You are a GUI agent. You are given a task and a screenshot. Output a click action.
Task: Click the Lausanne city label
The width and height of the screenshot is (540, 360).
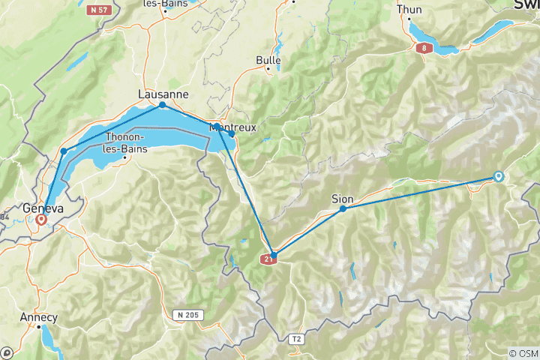[163, 94]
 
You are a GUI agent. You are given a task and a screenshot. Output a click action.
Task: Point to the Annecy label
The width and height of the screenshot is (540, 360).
[38, 316]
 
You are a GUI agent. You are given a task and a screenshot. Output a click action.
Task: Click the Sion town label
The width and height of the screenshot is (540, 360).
[342, 199]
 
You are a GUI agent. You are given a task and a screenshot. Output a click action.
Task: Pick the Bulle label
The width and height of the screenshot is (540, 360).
[268, 59]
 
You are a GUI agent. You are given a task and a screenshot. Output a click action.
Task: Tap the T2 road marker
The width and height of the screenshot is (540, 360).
[297, 339]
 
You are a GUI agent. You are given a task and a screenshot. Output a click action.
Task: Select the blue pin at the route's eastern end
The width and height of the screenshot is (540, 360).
[498, 177]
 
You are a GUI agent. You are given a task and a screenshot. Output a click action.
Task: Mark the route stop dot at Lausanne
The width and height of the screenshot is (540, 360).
[163, 105]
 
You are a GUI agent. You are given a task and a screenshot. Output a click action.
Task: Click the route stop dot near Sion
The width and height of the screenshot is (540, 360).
[343, 208]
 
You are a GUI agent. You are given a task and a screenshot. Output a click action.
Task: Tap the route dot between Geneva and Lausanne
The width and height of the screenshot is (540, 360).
[64, 151]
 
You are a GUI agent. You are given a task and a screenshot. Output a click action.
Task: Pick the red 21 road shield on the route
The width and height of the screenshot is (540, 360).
[270, 259]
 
